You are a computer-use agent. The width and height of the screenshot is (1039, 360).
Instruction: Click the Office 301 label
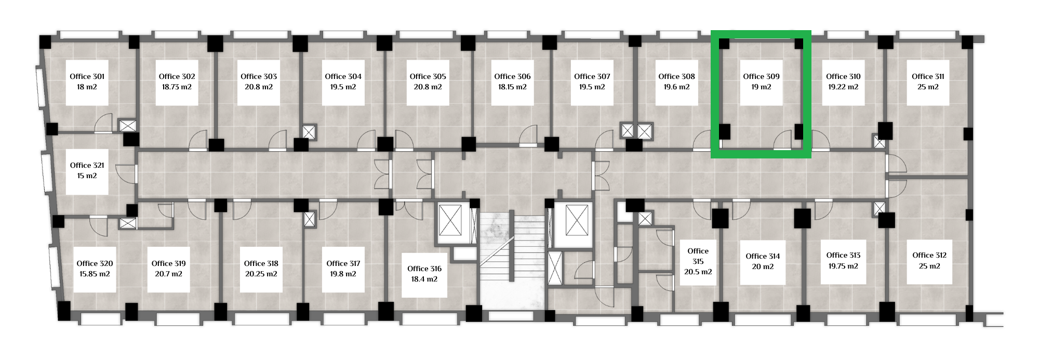[x=87, y=76]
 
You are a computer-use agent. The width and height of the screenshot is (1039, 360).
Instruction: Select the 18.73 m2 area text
[x=177, y=87]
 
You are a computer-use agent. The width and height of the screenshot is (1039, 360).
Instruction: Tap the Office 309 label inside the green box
[x=761, y=76]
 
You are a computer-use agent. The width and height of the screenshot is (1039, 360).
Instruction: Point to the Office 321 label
[x=87, y=165]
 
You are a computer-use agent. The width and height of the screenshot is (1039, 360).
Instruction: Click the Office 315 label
[x=698, y=256]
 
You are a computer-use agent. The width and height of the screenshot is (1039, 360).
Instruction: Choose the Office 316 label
[x=424, y=269]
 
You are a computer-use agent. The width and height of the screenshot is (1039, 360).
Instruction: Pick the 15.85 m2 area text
[x=95, y=274]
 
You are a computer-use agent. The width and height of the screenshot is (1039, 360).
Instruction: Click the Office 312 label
[x=929, y=255]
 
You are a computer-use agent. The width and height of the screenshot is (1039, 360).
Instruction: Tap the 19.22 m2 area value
[x=843, y=87]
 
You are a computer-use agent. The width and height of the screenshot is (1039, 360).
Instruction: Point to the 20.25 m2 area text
[x=261, y=274]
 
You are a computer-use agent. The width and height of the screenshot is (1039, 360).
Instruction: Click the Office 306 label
[x=512, y=76]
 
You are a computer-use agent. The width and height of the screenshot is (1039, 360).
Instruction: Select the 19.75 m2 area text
[x=843, y=265]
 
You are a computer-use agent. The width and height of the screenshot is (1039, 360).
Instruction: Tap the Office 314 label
[x=763, y=256]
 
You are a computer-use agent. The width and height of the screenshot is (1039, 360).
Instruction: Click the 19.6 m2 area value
[x=676, y=87]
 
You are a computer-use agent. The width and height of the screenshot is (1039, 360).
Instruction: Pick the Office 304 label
[x=343, y=76]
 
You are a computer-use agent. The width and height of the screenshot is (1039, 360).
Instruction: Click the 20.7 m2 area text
[x=168, y=274]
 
